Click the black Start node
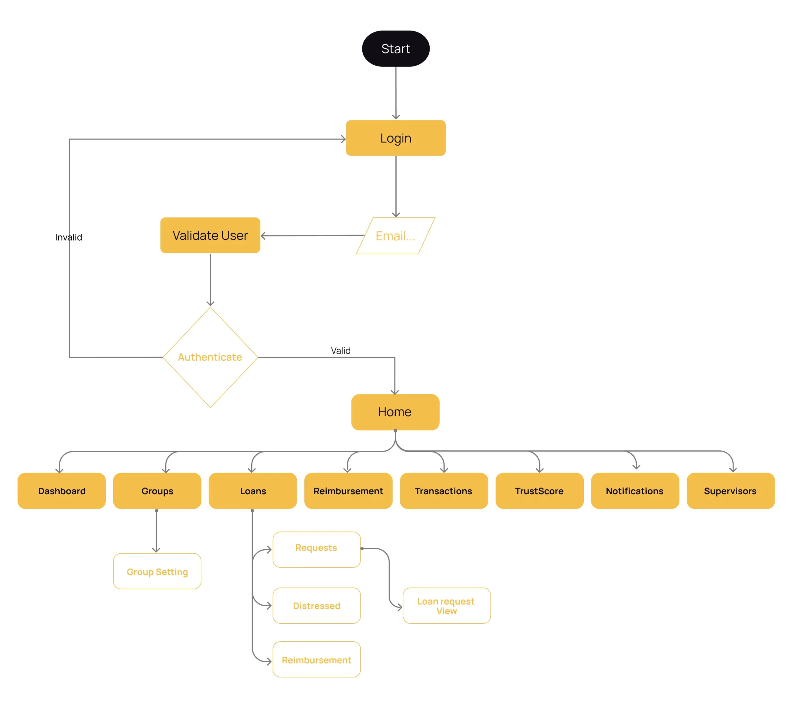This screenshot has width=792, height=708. point(396,49)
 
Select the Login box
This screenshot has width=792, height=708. point(396,138)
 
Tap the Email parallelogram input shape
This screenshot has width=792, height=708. point(396,236)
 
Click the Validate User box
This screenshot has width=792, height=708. point(210,235)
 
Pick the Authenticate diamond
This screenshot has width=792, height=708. point(210,357)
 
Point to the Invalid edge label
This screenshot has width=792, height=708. point(68,237)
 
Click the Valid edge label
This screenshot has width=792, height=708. point(340,350)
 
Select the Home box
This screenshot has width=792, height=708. point(395,412)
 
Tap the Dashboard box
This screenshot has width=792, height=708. point(62,491)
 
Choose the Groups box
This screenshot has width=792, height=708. point(157,491)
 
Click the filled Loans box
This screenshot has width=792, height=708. point(253,491)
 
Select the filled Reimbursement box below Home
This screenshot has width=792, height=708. point(348,491)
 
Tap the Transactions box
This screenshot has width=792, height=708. point(443,491)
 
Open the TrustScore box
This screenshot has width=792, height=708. point(539,491)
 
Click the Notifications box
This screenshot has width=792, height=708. point(635,491)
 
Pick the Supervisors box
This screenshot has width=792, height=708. point(730,491)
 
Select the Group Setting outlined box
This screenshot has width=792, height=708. point(157,572)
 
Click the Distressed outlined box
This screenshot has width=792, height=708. point(316,606)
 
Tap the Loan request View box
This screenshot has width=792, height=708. point(446,606)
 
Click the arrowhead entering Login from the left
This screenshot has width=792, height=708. point(343,139)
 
